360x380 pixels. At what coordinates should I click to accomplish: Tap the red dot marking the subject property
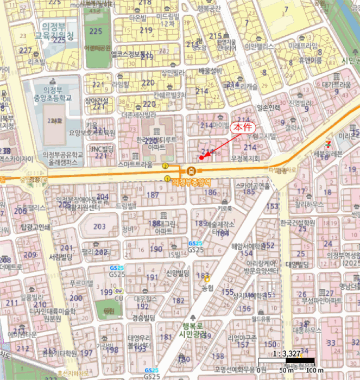[x=201, y=157]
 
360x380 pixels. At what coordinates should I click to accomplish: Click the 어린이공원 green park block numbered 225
[x=98, y=33]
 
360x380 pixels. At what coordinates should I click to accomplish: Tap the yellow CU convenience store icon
[x=118, y=292]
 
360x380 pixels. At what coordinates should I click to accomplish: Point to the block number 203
[x=99, y=227]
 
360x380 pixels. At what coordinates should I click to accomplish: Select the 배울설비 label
[x=210, y=71]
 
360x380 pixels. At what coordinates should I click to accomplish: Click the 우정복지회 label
[x=245, y=159]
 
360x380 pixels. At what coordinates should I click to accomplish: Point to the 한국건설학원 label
[x=298, y=223]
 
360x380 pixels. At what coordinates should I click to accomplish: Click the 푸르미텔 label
[x=83, y=283]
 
